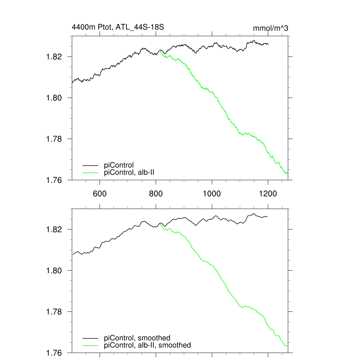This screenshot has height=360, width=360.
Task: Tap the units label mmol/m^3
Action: [x=270, y=28]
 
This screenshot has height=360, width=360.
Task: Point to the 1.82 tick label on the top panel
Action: [x=54, y=57]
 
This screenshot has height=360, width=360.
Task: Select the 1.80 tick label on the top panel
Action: [x=54, y=98]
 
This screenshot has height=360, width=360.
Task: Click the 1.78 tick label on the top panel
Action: [x=54, y=139]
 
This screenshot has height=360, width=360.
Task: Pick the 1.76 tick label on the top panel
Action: [x=54, y=180]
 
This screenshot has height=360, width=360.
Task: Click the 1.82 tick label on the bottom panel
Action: [x=54, y=230]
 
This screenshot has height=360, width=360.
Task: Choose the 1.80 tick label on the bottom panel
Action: [x=54, y=271]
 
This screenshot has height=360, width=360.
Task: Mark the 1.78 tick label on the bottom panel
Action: [x=54, y=312]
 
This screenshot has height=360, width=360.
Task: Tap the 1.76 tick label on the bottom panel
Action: [x=54, y=353]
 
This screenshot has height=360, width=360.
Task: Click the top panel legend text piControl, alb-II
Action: [x=130, y=172]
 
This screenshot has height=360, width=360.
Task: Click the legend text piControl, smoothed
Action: [x=137, y=338]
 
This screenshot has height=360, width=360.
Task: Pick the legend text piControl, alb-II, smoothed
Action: [x=148, y=345]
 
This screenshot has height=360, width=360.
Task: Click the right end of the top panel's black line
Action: [x=268, y=44]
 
